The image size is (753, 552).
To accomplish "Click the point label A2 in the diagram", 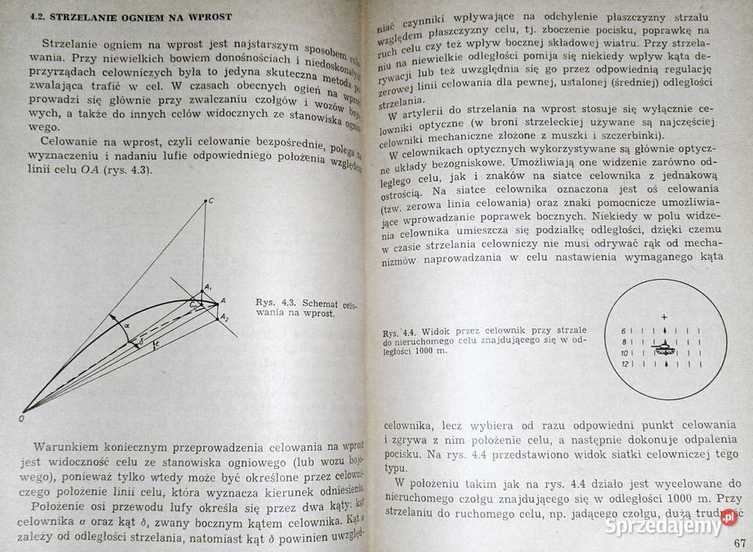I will tap(224, 317).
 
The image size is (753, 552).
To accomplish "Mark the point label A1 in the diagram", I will tap(207, 288).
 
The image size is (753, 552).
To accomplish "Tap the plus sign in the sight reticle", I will tap(664, 316).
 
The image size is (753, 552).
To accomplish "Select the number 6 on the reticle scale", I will tap(624, 330).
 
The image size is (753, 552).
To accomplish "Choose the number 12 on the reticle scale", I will tap(624, 365).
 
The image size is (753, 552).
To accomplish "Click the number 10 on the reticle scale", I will tap(624, 354).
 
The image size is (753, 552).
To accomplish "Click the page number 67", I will tap(740, 545).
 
